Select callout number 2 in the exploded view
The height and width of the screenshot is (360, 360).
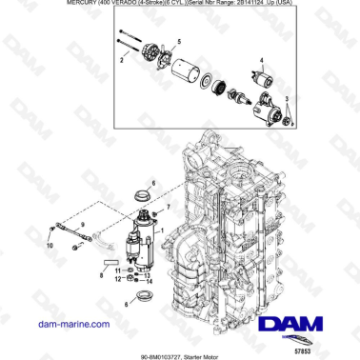pyautogui.click(x=121, y=59)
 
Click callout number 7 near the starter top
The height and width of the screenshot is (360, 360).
pyautogui.click(x=170, y=206)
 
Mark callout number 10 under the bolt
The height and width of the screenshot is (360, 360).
pyautogui.click(x=50, y=244)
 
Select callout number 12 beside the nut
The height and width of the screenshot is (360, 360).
pyautogui.click(x=117, y=280)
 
